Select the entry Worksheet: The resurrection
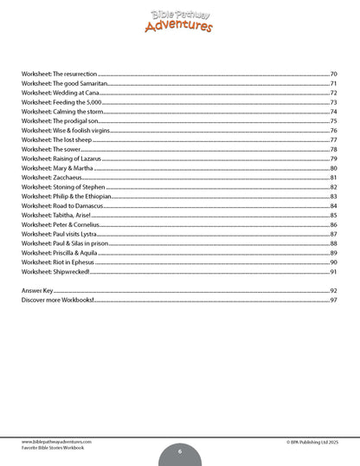pyautogui.click(x=59, y=74)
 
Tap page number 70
pyautogui.click(x=333, y=74)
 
